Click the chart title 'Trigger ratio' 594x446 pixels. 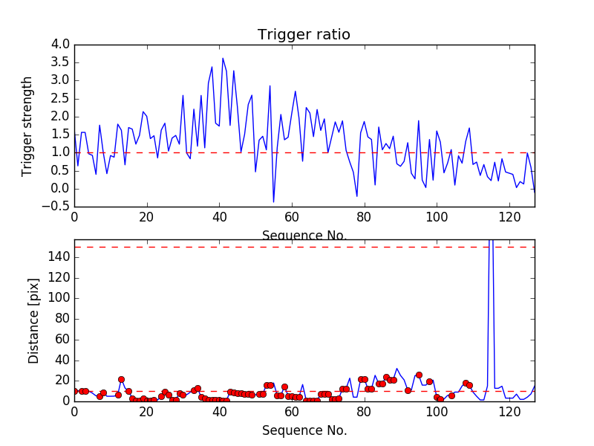coord(304,35)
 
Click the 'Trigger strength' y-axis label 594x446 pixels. coord(27,126)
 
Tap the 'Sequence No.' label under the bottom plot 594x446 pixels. coord(304,430)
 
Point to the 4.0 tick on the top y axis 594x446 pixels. coord(60,45)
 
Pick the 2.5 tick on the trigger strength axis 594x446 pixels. coord(60,98)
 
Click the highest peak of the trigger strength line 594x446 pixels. coord(222,58)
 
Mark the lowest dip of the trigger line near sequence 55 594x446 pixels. coord(273,201)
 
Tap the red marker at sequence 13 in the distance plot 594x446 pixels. coord(121,379)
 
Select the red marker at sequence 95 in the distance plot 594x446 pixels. coord(419,375)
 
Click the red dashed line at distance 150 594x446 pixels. coord(297,247)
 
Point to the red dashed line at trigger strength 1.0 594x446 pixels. coord(297,152)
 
